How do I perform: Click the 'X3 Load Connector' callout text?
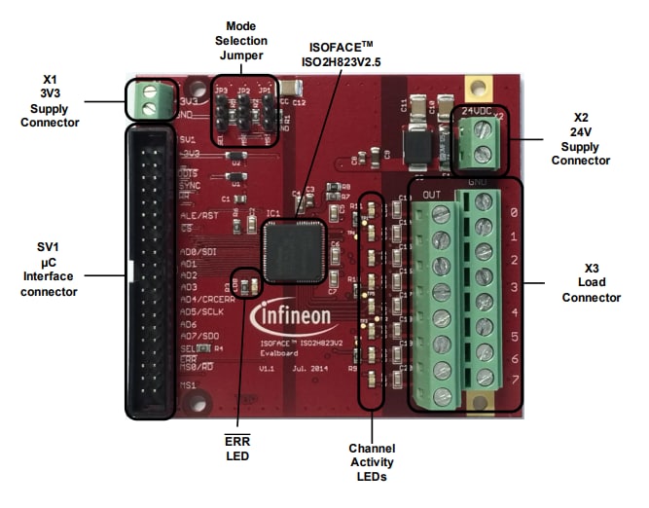point(591,283)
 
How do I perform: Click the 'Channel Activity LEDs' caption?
point(371,462)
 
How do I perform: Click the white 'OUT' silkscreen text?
point(431,195)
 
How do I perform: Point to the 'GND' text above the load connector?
point(478,183)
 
